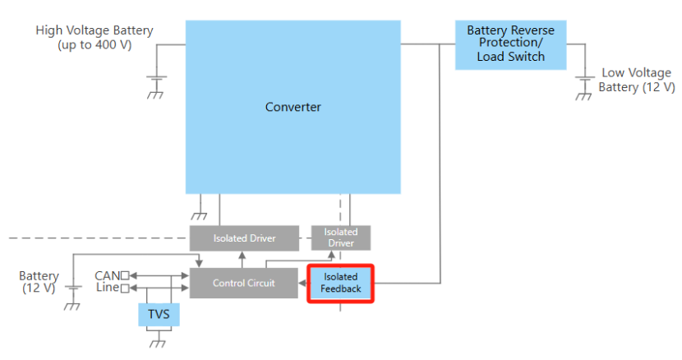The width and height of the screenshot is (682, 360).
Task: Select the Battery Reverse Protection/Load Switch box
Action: pyautogui.click(x=510, y=44)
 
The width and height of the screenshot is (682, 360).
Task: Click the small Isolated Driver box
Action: pyautogui.click(x=340, y=238)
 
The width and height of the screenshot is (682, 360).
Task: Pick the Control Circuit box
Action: pyautogui.click(x=243, y=283)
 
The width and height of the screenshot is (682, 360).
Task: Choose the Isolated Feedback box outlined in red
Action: pyautogui.click(x=341, y=284)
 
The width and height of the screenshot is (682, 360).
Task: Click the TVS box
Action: pyautogui.click(x=159, y=314)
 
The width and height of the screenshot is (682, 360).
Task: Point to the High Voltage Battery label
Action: pyautogui.click(x=94, y=37)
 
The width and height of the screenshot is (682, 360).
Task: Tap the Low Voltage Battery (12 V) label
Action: pyautogui.click(x=637, y=80)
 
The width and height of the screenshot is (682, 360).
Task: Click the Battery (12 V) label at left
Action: pyautogui.click(x=39, y=282)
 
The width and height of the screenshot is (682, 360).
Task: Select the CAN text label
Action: pyautogui.click(x=107, y=275)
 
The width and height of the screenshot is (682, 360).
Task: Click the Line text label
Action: pyautogui.click(x=107, y=288)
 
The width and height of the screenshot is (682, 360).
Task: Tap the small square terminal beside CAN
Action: pyautogui.click(x=126, y=275)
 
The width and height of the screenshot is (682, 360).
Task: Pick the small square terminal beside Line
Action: pyautogui.click(x=126, y=288)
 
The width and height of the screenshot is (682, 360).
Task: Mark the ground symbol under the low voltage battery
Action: pyautogui.click(x=583, y=94)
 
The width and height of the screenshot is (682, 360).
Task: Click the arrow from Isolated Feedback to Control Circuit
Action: pyautogui.click(x=302, y=284)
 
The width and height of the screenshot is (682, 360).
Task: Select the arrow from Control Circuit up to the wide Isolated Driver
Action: pyautogui.click(x=242, y=257)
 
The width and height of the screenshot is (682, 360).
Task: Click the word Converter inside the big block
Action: pyautogui.click(x=293, y=107)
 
